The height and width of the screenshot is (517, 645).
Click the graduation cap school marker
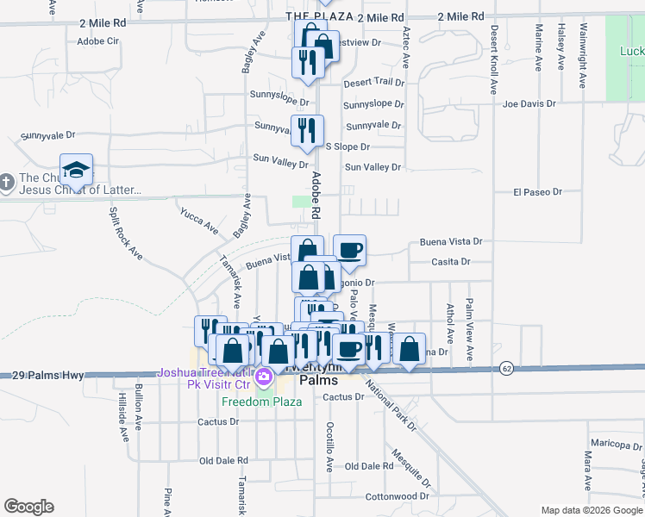point(76,169)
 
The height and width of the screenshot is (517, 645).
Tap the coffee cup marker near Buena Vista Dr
point(349,251)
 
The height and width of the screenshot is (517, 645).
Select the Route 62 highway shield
point(505,368)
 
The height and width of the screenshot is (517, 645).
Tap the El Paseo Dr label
point(538,191)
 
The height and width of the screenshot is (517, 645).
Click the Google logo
point(28,507)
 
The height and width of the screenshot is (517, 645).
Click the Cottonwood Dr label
point(397,496)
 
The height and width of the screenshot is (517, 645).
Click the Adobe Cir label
point(97,40)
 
